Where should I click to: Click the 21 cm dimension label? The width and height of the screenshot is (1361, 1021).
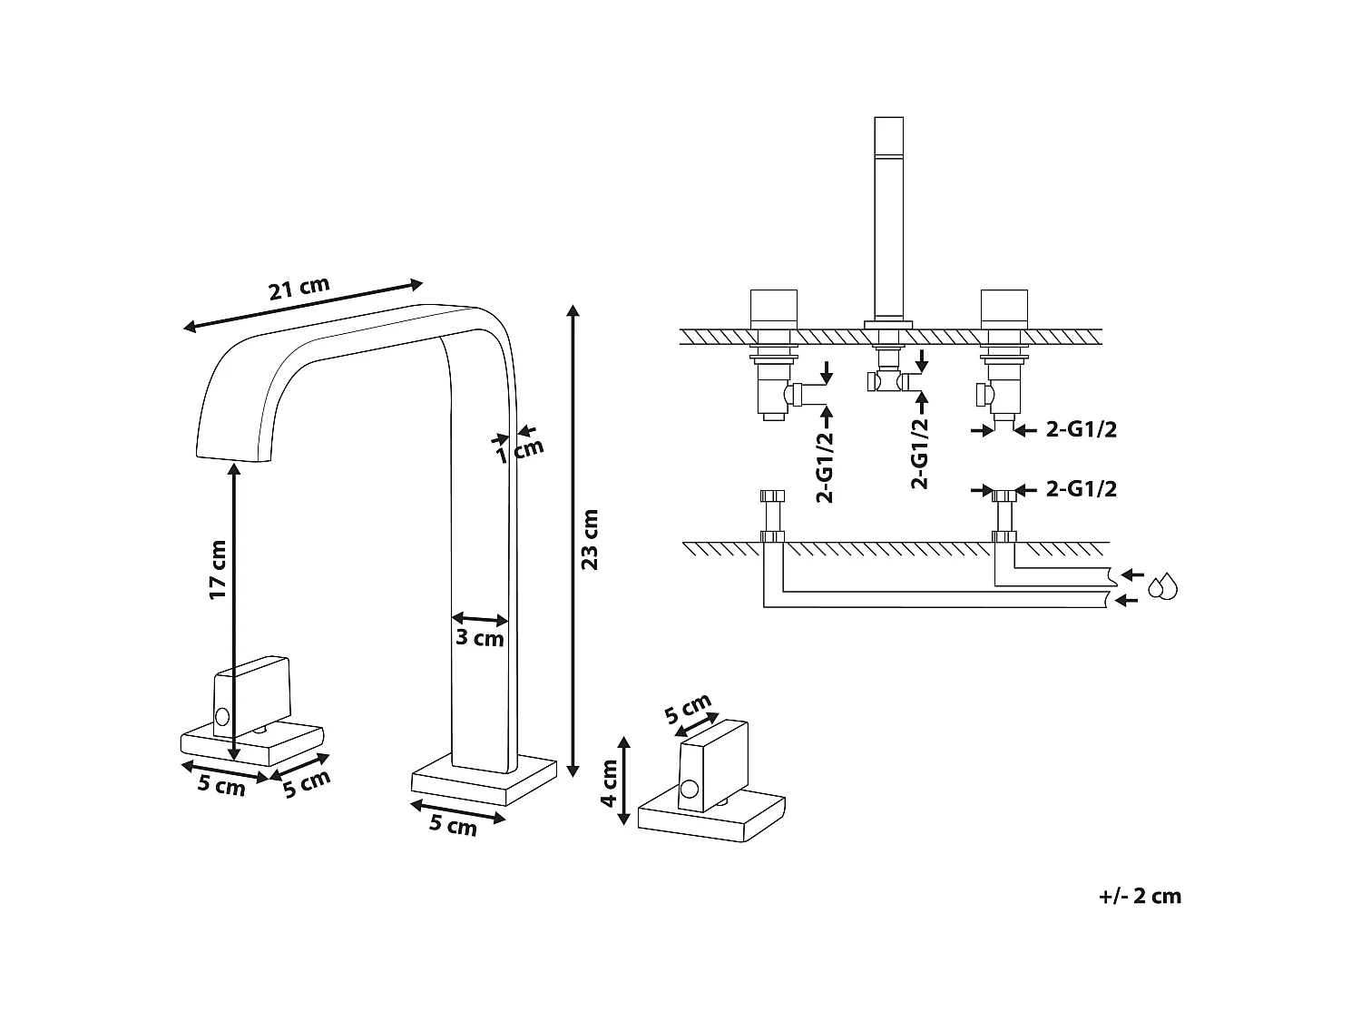click(299, 289)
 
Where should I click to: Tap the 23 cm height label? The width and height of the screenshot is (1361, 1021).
click(590, 539)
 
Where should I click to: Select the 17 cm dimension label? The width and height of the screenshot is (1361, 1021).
click(218, 570)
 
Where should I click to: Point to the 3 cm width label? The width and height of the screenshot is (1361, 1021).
click(479, 638)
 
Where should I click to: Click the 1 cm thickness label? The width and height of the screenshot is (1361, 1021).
click(521, 449)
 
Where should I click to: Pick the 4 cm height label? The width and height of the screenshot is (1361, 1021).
click(609, 782)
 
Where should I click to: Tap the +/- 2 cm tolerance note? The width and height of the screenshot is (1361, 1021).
click(1140, 897)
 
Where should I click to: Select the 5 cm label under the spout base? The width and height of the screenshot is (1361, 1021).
click(452, 825)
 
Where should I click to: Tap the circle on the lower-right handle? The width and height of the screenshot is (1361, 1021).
click(690, 790)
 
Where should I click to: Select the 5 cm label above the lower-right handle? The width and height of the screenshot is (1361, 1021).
click(688, 709)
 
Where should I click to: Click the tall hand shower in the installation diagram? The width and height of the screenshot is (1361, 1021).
click(887, 218)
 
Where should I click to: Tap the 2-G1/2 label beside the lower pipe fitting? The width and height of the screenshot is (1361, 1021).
click(1081, 489)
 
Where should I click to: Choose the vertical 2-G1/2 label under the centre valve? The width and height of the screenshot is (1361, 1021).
click(920, 453)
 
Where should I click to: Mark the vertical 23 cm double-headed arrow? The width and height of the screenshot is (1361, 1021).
click(573, 541)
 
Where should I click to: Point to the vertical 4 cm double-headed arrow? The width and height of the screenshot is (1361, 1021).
click(624, 780)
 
